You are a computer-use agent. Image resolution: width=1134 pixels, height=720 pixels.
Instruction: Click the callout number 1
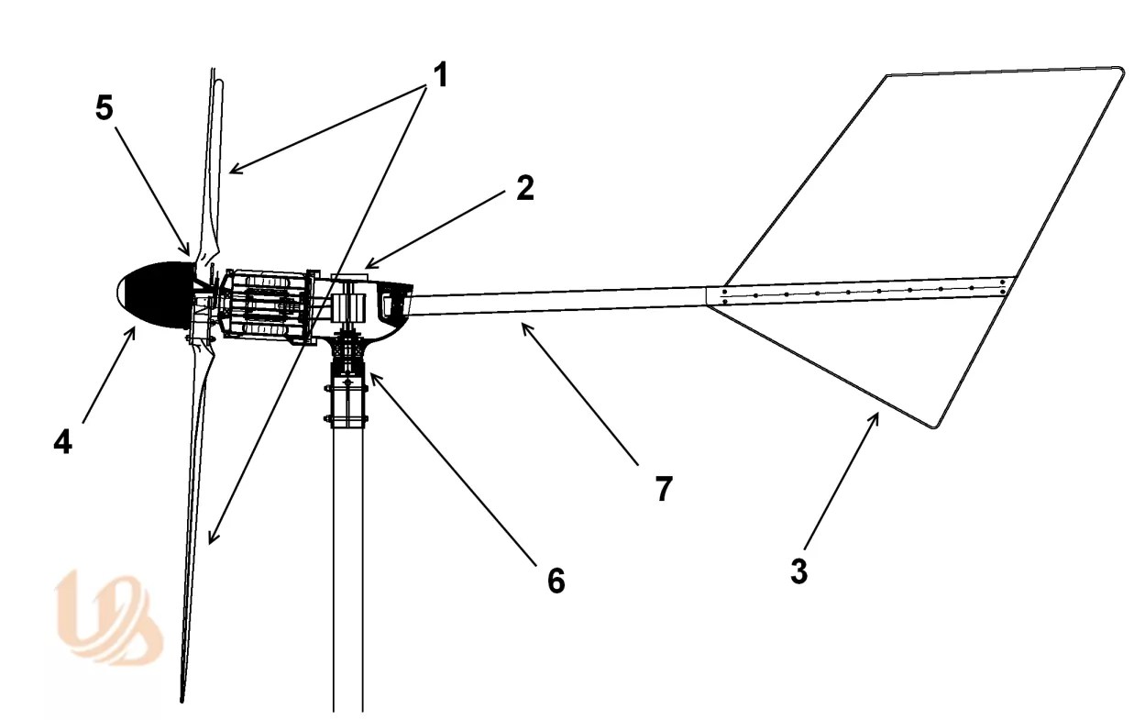pyautogui.click(x=440, y=74)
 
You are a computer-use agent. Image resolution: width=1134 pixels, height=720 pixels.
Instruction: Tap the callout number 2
pyautogui.click(x=523, y=188)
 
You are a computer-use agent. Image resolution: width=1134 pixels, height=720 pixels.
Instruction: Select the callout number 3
pyautogui.click(x=798, y=570)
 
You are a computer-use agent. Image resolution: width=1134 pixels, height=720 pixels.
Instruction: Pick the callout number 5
pyautogui.click(x=105, y=107)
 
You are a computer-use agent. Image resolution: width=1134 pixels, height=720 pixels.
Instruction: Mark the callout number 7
pyautogui.click(x=664, y=488)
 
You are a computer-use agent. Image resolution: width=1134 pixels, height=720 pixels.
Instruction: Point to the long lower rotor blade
pyautogui.click(x=194, y=514)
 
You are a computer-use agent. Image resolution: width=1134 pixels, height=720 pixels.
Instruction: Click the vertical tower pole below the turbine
pyautogui.click(x=348, y=569)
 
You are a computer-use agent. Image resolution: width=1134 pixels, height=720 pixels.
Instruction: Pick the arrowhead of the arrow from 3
pyautogui.click(x=876, y=415)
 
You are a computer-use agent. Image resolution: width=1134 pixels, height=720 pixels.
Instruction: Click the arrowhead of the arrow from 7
pyautogui.click(x=523, y=325)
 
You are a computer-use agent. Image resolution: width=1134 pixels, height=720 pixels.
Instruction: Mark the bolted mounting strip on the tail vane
pyautogui.click(x=862, y=293)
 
